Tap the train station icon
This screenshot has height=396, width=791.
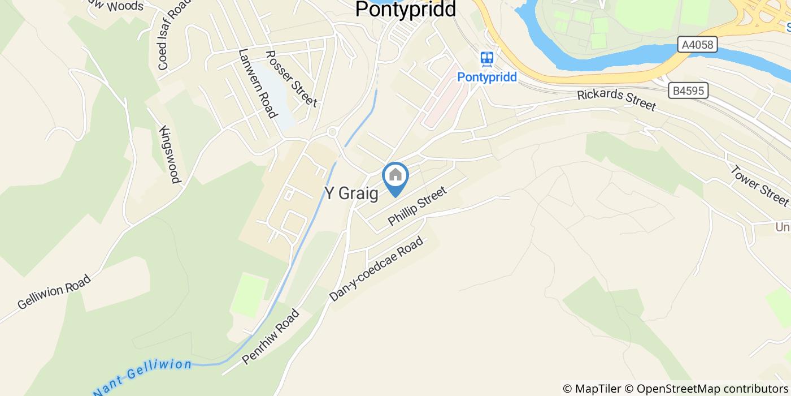point(486,58)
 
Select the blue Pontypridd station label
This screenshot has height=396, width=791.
point(487,77)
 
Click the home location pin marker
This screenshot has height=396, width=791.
point(395,177)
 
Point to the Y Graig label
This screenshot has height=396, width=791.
point(351,193)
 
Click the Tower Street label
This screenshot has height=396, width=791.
point(759,185)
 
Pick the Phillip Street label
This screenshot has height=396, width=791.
point(417,206)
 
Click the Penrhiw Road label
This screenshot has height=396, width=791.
point(270,337)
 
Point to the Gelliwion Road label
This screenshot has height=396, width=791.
point(54,292)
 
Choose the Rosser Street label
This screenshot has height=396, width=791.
point(291,79)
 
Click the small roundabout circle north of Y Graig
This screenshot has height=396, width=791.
point(332,132)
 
